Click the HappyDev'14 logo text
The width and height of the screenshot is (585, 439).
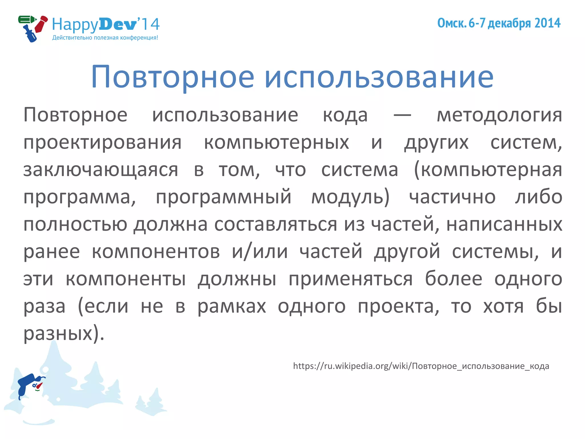point(106,25)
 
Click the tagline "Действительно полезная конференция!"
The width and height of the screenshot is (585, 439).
point(105,38)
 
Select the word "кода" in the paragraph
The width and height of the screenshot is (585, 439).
point(345,115)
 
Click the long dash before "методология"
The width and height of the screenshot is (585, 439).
point(402,115)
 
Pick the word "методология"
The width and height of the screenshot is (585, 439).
point(499,115)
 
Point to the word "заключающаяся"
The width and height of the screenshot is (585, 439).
point(101,170)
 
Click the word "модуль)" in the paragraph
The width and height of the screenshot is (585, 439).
point(350,197)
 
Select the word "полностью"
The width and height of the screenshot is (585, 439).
point(75,224)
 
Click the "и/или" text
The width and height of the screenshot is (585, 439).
point(259,252)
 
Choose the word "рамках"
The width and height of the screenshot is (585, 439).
point(232,306)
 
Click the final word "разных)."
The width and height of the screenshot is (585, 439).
point(64,334)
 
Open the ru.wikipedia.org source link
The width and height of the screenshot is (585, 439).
point(421,366)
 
